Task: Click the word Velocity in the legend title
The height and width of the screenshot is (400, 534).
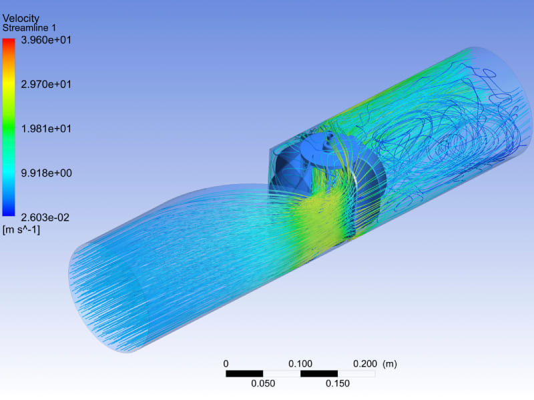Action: coord(21,19)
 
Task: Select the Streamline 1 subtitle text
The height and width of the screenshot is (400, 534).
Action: coord(29,28)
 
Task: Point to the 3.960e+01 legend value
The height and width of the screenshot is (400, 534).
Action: coord(46,40)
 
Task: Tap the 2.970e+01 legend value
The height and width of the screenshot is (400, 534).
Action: coord(46,85)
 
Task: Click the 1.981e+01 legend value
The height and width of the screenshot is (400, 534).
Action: coord(46,129)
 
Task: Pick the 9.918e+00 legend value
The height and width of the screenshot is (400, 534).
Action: coord(46,173)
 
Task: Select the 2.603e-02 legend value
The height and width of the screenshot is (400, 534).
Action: coord(45,218)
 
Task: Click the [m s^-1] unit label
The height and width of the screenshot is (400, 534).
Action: coord(21,230)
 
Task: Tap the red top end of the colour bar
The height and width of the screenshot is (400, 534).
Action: coord(9,41)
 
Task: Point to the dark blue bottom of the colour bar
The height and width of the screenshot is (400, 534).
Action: coord(9,213)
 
